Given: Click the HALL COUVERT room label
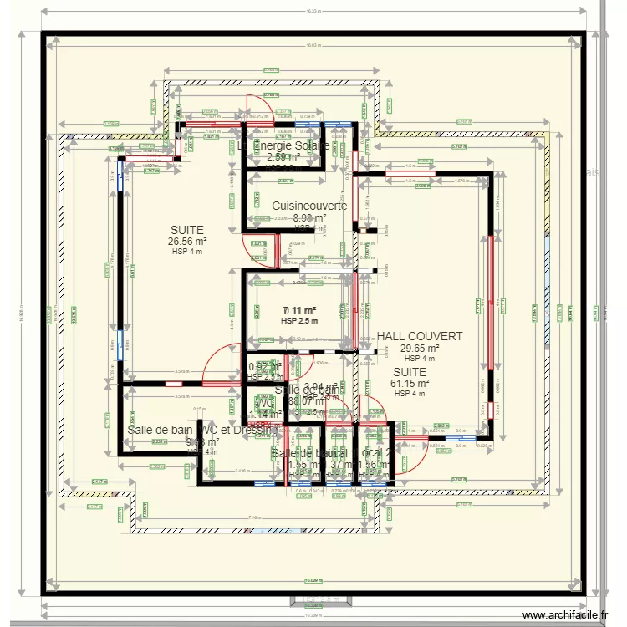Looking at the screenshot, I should [419, 336].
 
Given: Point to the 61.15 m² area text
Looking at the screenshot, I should [410, 384].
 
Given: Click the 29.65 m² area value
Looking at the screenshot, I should [420, 349].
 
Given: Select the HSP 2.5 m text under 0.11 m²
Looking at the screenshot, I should [299, 321].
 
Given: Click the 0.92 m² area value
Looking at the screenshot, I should [264, 367].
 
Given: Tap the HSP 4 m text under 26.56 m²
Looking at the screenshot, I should [187, 252].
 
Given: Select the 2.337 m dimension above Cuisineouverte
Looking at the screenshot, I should [285, 181].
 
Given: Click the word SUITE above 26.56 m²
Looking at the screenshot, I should [187, 230].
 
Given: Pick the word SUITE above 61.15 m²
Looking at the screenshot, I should [410, 372].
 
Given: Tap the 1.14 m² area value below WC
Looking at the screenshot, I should [265, 414].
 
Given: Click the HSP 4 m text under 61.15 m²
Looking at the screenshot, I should [410, 394].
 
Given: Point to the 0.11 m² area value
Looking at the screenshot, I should [299, 310].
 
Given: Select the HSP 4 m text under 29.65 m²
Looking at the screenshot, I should [420, 359].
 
